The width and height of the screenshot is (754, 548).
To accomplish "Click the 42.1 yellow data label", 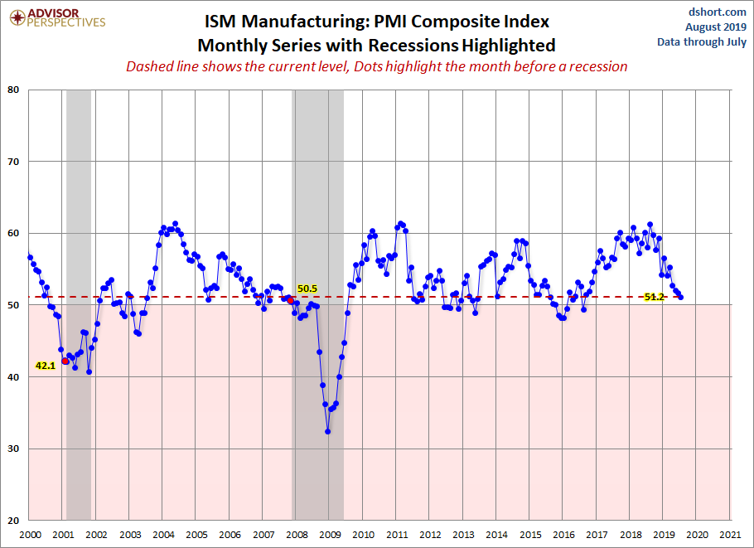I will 45,365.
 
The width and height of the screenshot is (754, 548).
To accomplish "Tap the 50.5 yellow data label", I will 307,289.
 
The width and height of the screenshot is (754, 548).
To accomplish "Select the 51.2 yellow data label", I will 655,297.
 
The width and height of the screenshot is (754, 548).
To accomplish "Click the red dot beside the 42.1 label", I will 65,361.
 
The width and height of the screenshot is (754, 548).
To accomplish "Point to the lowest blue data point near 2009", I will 328,431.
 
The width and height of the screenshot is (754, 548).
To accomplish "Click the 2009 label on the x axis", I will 330,535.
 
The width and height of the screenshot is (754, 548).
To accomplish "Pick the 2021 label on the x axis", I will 730,535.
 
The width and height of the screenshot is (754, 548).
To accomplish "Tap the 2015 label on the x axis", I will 530,535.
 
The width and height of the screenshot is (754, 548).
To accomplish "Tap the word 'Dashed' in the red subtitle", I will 150,66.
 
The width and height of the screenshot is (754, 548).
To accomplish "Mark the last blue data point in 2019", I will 681,297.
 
